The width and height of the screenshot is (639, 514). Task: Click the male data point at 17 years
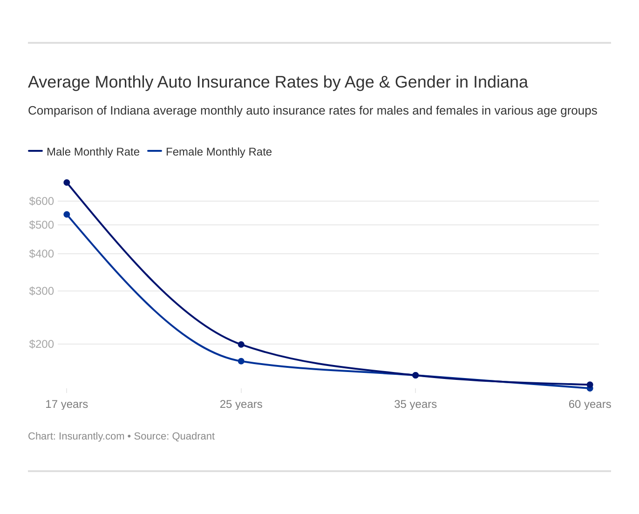click(67, 183)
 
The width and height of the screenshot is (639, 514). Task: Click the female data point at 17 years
click(67, 215)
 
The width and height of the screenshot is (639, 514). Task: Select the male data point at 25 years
click(241, 345)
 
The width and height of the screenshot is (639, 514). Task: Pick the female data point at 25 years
click(241, 361)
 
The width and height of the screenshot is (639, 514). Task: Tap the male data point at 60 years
click(590, 385)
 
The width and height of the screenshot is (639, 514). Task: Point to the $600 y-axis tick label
click(41, 201)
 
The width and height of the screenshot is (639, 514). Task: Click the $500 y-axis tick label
click(41, 225)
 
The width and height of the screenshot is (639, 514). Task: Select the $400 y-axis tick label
click(41, 254)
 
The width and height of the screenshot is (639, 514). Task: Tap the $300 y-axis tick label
click(41, 291)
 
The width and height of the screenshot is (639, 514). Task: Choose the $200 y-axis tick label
click(41, 344)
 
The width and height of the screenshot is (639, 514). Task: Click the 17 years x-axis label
click(67, 404)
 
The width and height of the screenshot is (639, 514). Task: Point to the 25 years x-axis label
click(241, 404)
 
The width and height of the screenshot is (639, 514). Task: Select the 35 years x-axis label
click(415, 404)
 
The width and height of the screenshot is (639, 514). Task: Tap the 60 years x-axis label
click(590, 404)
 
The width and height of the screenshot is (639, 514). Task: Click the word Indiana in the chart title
click(500, 82)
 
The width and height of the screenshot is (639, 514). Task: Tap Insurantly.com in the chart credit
click(91, 436)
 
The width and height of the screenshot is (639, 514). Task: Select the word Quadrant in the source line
click(193, 436)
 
